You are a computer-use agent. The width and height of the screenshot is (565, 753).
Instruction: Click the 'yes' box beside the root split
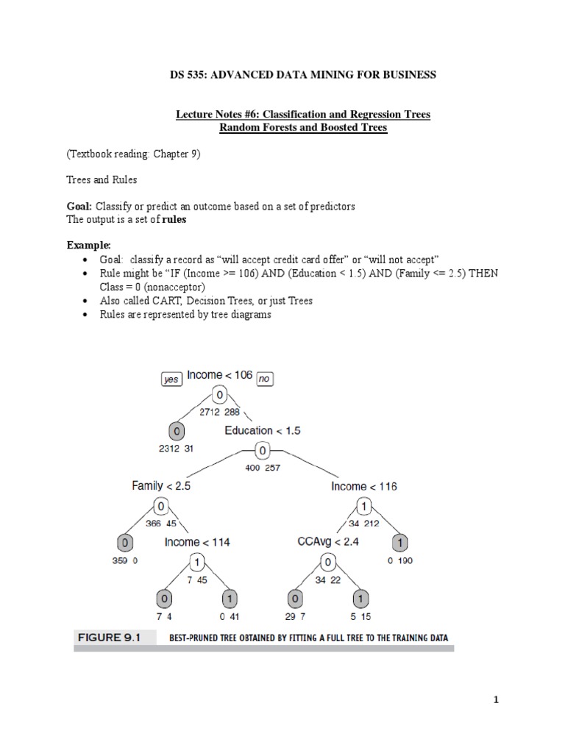[x=171, y=379]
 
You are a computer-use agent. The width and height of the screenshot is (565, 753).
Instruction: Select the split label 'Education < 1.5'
[x=262, y=430]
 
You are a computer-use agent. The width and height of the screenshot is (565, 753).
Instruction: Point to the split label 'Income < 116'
[x=363, y=486]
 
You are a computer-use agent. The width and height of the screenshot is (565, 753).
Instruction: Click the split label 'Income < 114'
[x=197, y=542]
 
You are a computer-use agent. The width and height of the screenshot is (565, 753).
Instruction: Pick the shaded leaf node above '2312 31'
[x=177, y=430]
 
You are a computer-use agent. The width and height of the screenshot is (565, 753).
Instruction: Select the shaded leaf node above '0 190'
[x=400, y=543]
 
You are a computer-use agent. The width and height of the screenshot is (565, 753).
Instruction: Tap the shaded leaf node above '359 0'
[x=126, y=543]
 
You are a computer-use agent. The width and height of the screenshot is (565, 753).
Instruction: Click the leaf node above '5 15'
[x=360, y=598]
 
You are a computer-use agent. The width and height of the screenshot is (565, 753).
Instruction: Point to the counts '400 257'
[x=262, y=468]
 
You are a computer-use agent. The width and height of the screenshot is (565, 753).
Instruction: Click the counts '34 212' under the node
[x=363, y=524]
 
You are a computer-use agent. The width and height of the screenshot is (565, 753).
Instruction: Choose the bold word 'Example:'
[x=88, y=244]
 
